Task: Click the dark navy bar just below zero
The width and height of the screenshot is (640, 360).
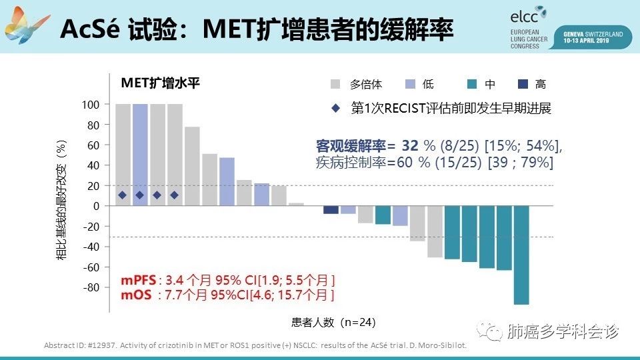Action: pos(331,210)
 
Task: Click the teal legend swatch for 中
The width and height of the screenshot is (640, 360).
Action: pos(472,84)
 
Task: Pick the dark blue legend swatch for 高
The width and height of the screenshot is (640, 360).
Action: pos(523,84)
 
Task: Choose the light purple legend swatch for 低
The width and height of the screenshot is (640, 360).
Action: pos(411,84)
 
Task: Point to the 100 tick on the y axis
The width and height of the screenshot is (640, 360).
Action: pos(91,105)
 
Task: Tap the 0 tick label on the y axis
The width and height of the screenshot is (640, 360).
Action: pos(96,206)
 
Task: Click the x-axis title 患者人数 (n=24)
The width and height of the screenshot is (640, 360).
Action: pos(333,322)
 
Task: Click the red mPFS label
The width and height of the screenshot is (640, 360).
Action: pos(137,279)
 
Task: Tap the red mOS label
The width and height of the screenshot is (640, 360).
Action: pos(135,293)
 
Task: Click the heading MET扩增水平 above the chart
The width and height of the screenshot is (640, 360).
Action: pos(160,83)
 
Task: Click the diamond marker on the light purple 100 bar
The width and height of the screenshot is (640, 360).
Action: pos(140,195)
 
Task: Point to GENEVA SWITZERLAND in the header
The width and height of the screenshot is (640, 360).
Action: pos(593,33)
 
